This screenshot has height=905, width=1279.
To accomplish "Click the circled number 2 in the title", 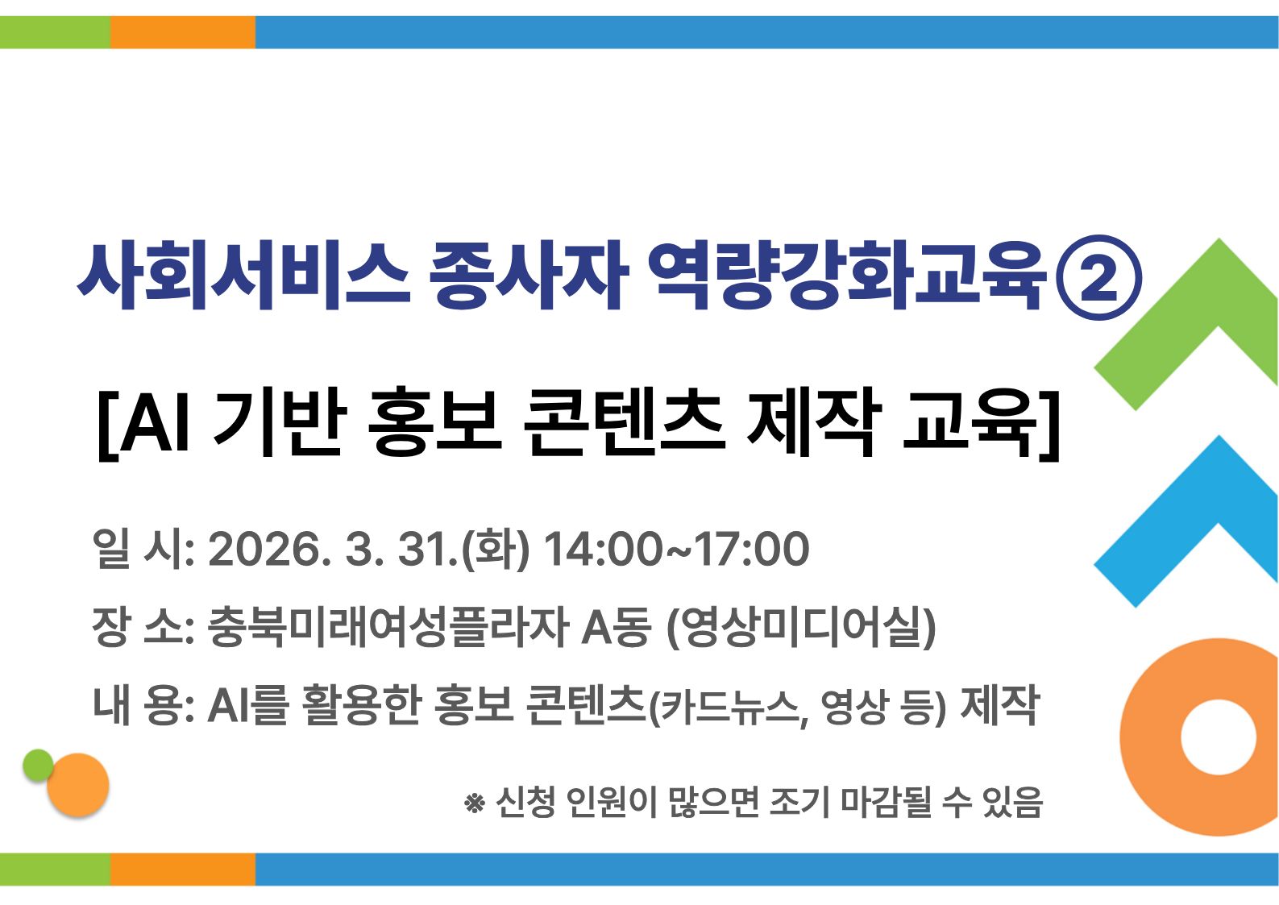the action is (x=1098, y=277).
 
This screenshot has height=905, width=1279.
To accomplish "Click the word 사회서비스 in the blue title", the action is (x=244, y=277).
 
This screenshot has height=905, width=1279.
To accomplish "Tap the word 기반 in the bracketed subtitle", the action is (x=280, y=421).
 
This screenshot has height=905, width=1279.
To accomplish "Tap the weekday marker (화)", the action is (x=496, y=550).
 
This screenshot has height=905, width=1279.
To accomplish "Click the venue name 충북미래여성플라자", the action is (x=388, y=628).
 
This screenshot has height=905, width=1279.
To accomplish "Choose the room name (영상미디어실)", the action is (x=802, y=628).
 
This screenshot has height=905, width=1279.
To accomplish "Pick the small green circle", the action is (x=38, y=765).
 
